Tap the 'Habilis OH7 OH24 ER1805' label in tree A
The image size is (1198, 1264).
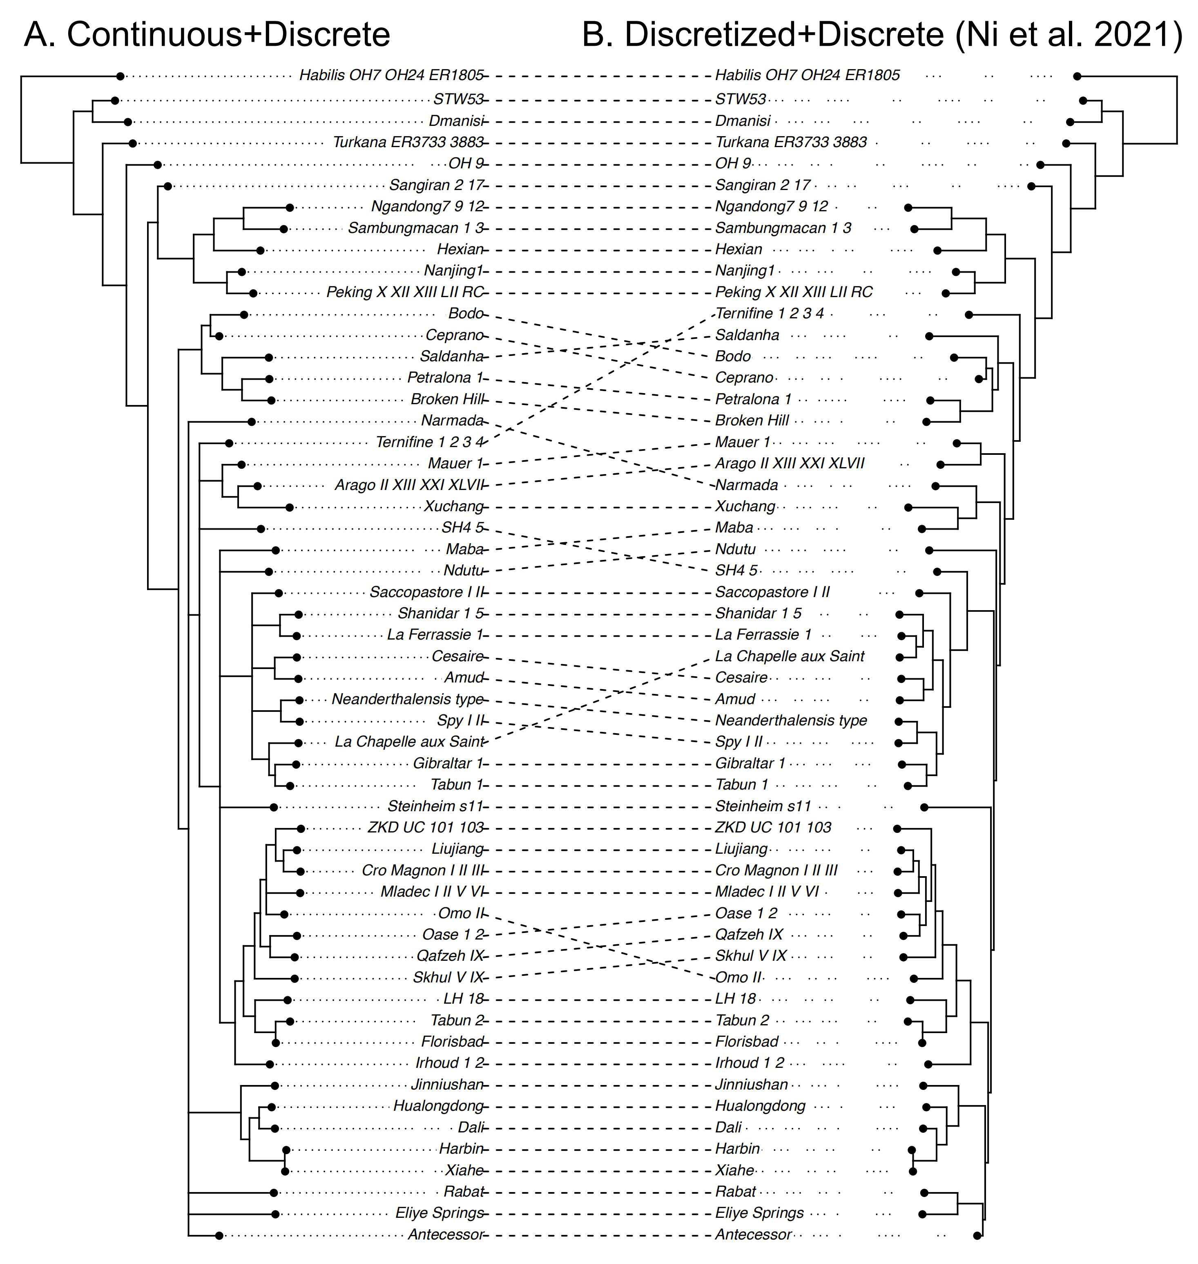point(391,76)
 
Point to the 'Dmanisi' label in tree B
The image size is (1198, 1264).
point(743,121)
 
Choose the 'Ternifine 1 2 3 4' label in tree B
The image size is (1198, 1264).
point(770,313)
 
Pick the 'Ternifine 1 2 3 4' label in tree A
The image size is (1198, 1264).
point(429,442)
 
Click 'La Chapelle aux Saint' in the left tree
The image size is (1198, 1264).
point(409,742)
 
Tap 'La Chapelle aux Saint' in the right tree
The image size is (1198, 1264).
point(789,656)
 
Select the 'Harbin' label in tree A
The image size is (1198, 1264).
point(460,1148)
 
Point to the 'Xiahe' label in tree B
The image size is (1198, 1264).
point(734,1170)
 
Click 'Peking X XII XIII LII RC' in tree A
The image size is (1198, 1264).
point(405,292)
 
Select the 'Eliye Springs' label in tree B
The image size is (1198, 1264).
point(759,1213)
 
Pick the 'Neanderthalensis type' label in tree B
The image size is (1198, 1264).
point(791,720)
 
